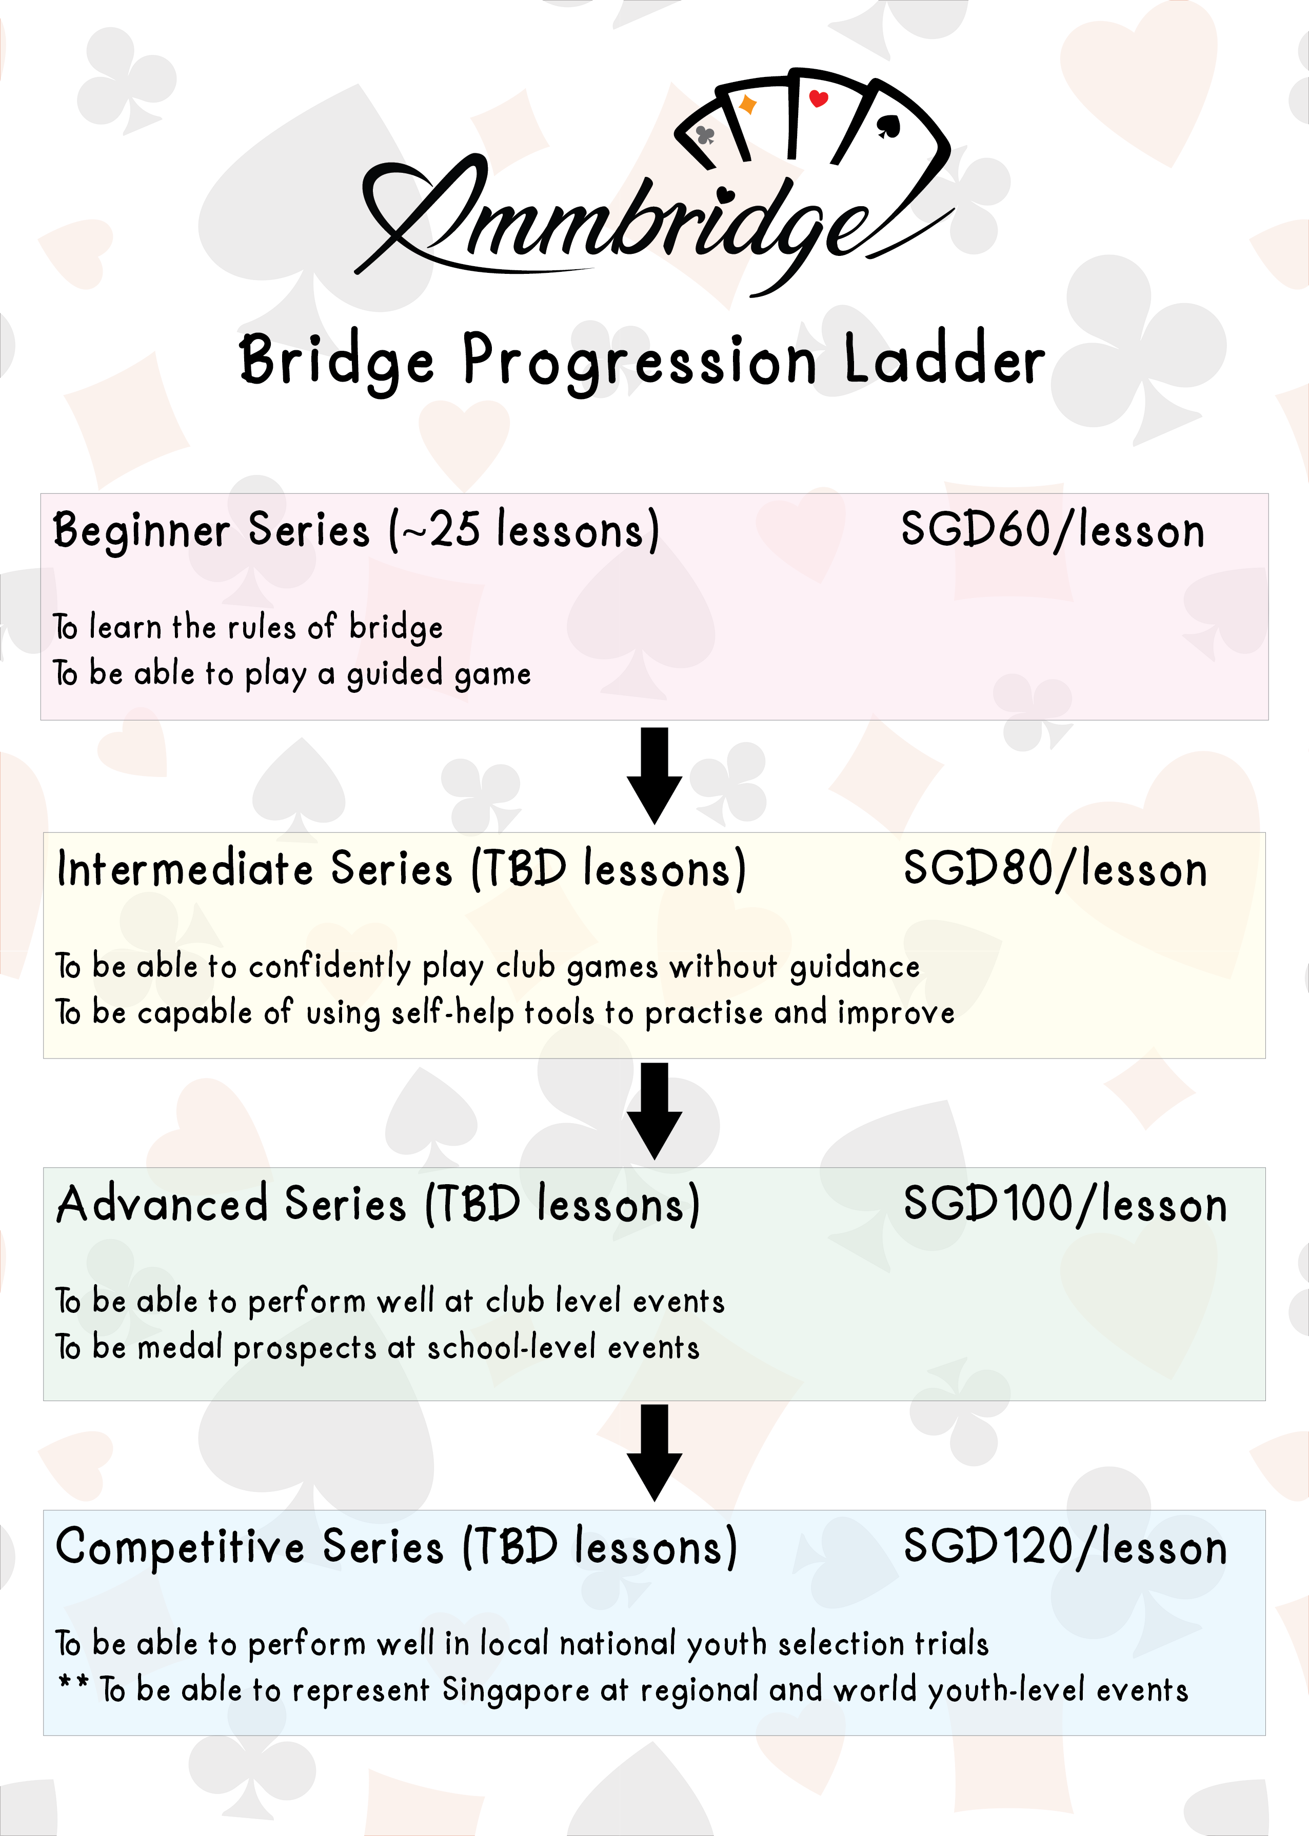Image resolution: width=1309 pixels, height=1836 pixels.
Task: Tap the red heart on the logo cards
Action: click(x=818, y=99)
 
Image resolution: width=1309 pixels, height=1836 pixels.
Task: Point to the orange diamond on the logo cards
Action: click(x=748, y=105)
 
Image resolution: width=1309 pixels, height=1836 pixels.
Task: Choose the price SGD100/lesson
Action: click(x=1064, y=1205)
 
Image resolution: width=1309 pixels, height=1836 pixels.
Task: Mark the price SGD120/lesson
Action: click(x=1064, y=1547)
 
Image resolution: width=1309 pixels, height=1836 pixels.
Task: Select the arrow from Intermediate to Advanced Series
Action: click(x=655, y=1111)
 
